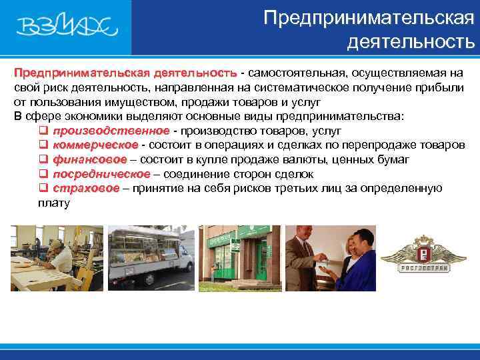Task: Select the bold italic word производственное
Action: coord(111,130)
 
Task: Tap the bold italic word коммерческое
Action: coord(95,145)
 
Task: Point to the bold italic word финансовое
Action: coord(90,159)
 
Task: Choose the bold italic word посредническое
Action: coord(102,174)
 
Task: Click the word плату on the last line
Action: coord(54,203)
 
